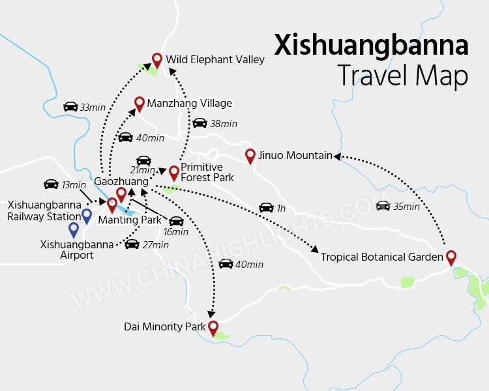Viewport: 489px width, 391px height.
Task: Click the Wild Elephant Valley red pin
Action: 156,60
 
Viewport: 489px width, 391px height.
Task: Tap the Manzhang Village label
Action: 189,103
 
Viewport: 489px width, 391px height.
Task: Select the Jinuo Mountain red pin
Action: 250,156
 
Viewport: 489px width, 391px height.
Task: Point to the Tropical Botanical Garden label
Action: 381,257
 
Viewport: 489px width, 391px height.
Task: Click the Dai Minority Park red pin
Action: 213,327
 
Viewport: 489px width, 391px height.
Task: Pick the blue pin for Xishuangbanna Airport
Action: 74,229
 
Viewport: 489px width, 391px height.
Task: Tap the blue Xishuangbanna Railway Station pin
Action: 86,215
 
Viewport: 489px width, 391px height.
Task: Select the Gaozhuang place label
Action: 121,181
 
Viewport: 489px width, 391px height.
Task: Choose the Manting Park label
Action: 130,220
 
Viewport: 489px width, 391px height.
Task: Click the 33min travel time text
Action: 93,107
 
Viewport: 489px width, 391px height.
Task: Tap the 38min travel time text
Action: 224,124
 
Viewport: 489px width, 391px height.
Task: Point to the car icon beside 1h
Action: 266,208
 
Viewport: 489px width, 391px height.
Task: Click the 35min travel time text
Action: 407,207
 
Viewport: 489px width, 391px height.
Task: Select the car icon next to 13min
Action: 51,184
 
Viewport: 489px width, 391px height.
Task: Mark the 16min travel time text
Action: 175,232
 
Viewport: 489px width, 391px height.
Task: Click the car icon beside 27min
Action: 132,244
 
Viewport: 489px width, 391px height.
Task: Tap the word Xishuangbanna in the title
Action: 371,46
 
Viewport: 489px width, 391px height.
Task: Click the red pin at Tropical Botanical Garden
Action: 451,257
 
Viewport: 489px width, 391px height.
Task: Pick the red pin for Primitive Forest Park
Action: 174,173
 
